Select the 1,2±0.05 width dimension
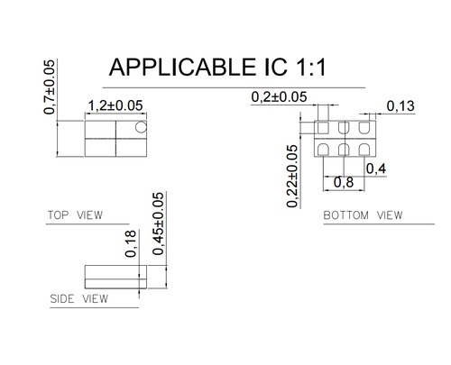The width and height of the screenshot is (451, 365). pyautogui.click(x=115, y=106)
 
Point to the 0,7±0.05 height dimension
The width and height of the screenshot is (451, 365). pyautogui.click(x=51, y=87)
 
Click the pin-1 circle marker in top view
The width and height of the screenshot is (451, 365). pyautogui.click(x=138, y=128)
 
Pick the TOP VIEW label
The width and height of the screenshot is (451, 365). pyautogui.click(x=74, y=215)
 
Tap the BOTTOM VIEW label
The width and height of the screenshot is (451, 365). pyautogui.click(x=363, y=216)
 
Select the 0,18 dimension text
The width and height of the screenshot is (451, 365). pyautogui.click(x=131, y=244)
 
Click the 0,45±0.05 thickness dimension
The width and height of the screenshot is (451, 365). pyautogui.click(x=159, y=224)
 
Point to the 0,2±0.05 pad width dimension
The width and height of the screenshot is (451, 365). pyautogui.click(x=279, y=96)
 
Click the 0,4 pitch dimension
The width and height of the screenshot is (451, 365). pyautogui.click(x=376, y=169)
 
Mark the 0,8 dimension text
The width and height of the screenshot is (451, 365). pyautogui.click(x=344, y=183)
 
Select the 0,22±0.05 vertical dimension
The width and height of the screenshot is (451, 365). pyautogui.click(x=292, y=177)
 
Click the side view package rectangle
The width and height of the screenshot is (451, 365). pyautogui.click(x=114, y=274)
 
